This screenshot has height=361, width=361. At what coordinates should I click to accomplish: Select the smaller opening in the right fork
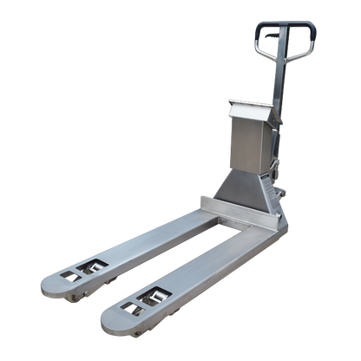point(129,307)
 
